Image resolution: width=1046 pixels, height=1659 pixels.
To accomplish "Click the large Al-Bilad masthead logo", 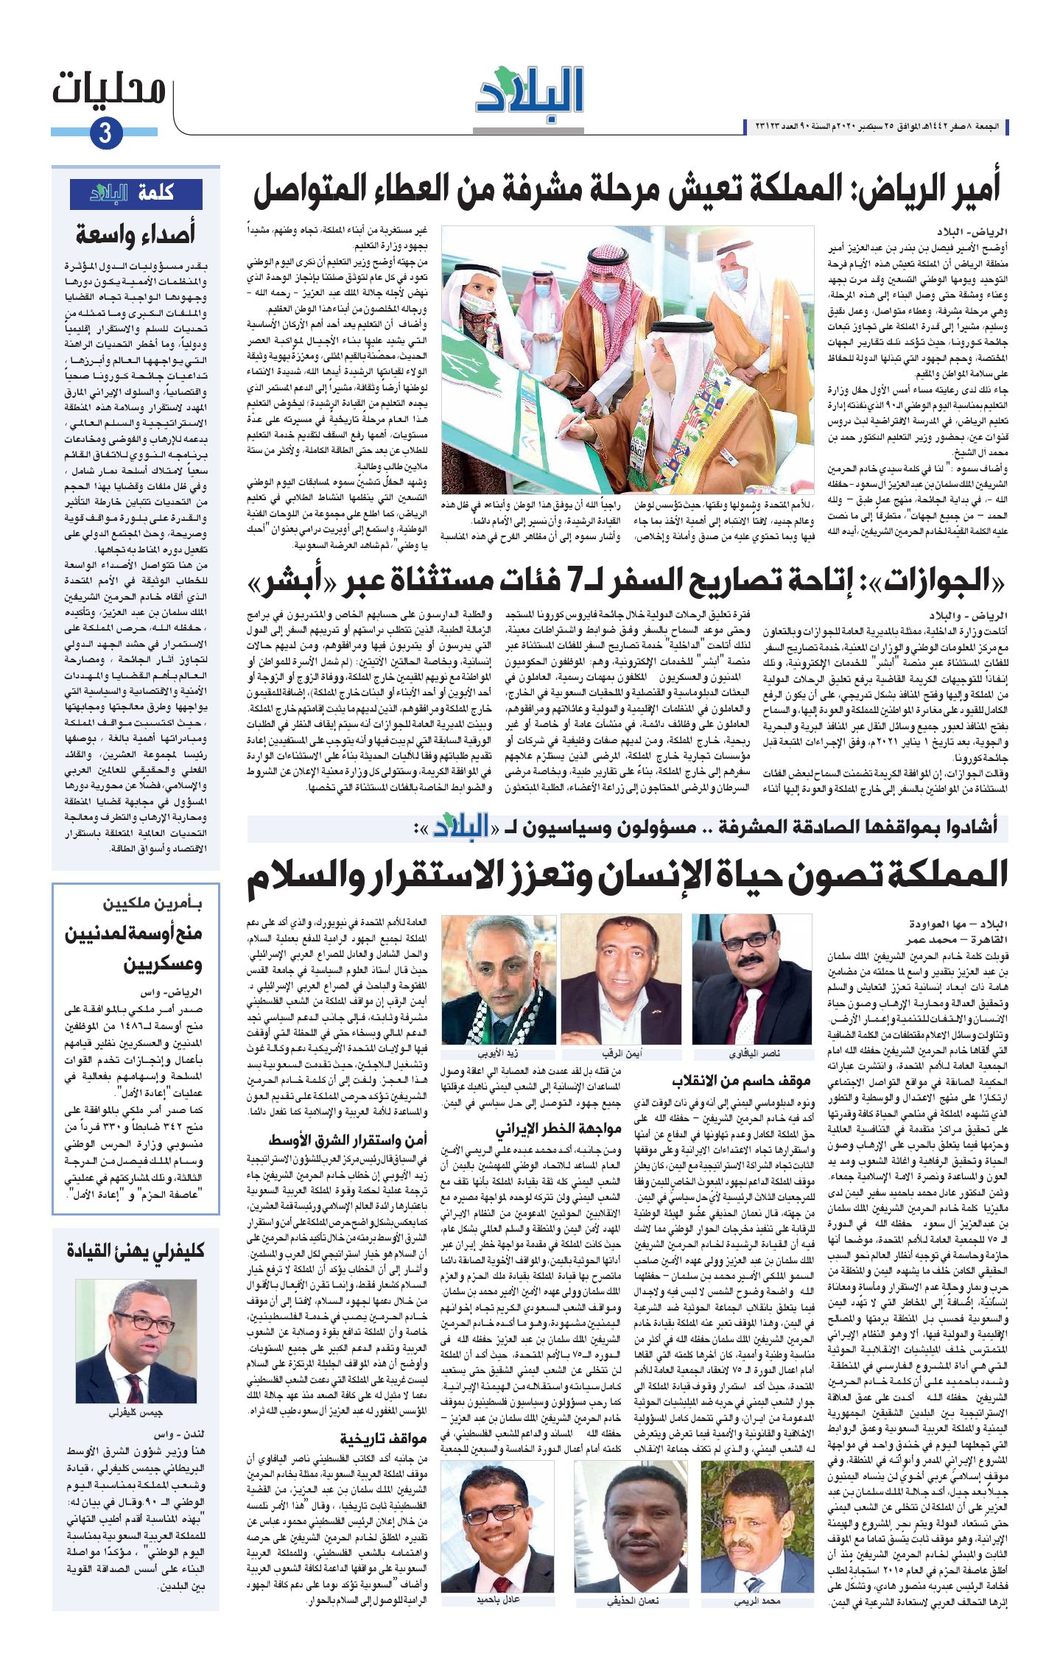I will click(530, 91).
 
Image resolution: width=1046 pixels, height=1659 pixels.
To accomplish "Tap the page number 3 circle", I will click(105, 133).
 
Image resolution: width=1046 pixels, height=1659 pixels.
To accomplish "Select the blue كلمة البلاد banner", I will click(136, 194).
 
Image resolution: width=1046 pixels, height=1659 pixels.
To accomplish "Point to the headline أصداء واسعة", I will click(136, 234).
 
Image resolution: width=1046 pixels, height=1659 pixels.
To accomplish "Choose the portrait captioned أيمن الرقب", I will click(622, 979).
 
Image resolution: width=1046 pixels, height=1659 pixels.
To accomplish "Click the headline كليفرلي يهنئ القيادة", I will click(136, 1251).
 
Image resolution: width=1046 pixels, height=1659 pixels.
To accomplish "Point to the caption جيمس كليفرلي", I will click(136, 1413).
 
